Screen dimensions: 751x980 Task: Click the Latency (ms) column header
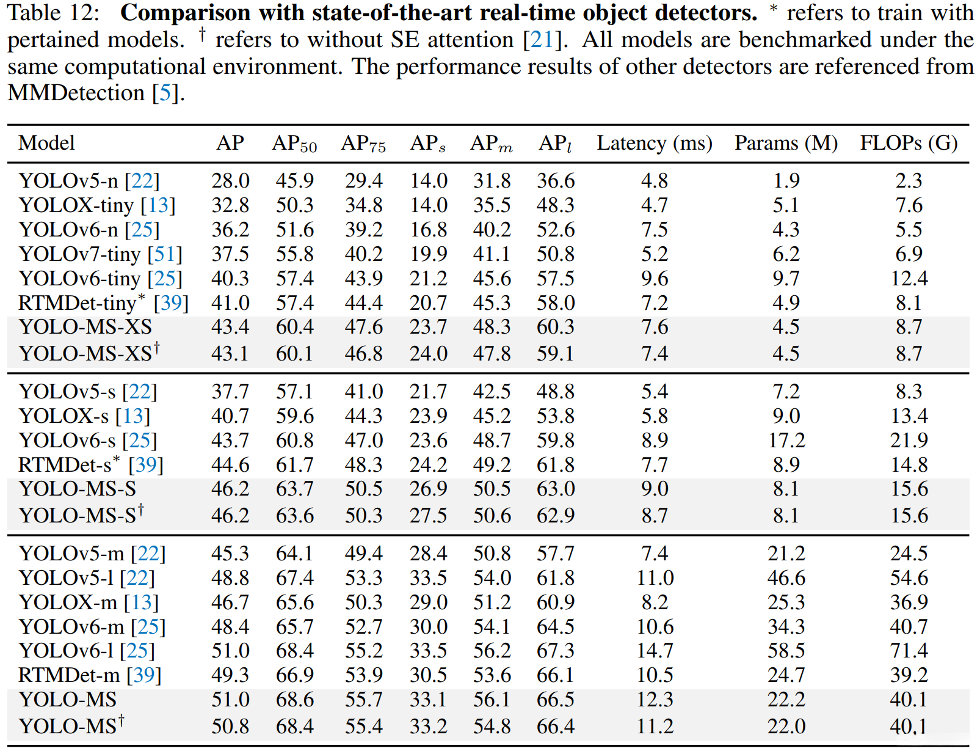[655, 144]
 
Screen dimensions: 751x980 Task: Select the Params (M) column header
[786, 144]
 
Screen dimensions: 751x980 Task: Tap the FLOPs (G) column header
[909, 144]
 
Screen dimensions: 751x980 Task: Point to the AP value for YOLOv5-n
[230, 181]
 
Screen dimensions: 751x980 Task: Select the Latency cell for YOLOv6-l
[655, 651]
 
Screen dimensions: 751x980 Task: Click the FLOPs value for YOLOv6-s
[909, 441]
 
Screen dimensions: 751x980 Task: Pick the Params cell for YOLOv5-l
[786, 578]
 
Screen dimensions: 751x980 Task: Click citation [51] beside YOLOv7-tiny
[165, 254]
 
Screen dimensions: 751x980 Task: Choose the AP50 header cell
[294, 144]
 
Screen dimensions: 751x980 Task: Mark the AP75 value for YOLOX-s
[363, 416]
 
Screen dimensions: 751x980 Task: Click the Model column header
[46, 144]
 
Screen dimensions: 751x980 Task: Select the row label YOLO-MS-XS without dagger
[85, 327]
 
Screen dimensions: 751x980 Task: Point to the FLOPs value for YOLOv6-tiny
[909, 279]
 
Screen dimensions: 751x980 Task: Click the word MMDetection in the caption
[76, 93]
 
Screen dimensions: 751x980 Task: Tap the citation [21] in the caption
[542, 40]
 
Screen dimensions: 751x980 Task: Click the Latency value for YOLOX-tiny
[655, 205]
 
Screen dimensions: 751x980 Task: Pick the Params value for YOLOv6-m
[786, 627]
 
